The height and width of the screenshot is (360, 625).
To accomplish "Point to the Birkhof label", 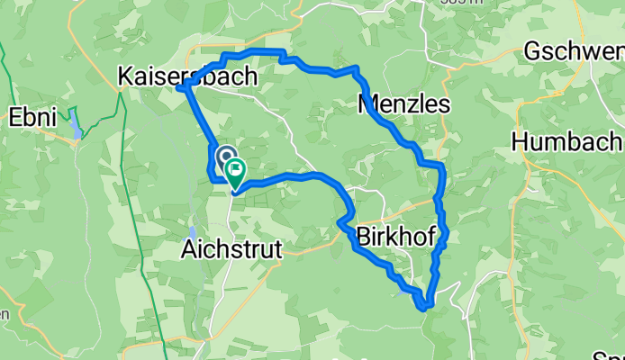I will pos(396,236).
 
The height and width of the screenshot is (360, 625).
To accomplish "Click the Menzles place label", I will pos(403,105).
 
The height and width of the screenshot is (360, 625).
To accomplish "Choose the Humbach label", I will pos(566,141).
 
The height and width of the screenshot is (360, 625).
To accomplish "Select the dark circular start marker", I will pos(222,156).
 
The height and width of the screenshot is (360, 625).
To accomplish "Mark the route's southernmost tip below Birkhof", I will pos(423,308).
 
